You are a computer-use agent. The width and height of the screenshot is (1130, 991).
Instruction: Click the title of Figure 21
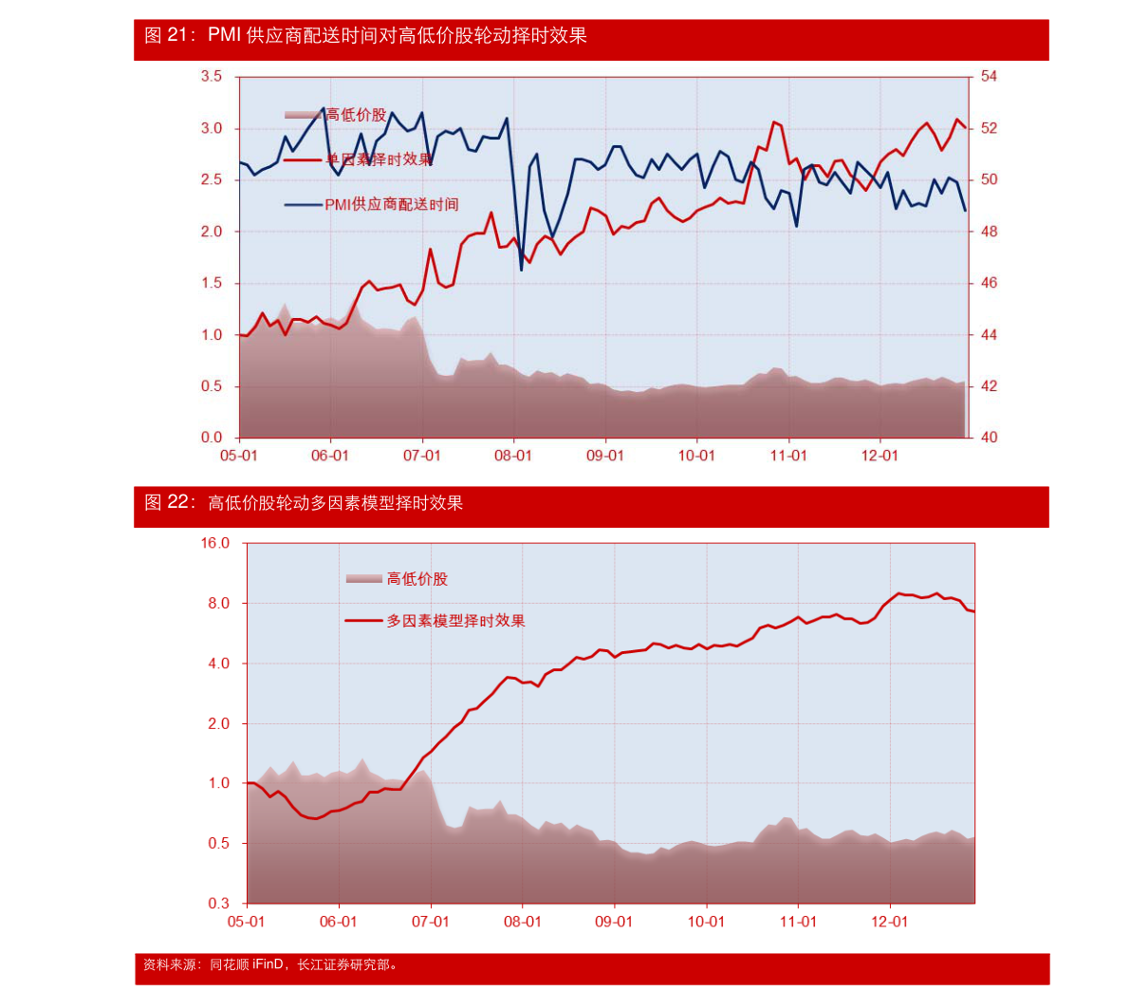click(x=365, y=36)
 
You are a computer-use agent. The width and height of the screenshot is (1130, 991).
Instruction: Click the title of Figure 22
click(x=304, y=503)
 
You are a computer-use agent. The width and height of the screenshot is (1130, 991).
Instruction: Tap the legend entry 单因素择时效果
click(x=379, y=159)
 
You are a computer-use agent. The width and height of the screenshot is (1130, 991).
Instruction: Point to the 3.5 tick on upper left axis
click(x=212, y=76)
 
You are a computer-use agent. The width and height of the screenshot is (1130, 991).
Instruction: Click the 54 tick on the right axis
click(x=989, y=76)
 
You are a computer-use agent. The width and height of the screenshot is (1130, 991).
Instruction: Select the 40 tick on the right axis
click(x=989, y=438)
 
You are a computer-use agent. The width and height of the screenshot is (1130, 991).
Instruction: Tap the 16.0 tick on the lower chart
click(x=214, y=543)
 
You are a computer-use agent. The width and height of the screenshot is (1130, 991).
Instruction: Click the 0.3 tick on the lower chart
click(x=219, y=904)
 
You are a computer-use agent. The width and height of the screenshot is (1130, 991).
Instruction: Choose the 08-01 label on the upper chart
click(x=513, y=456)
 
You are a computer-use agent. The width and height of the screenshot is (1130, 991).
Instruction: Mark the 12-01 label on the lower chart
click(x=889, y=922)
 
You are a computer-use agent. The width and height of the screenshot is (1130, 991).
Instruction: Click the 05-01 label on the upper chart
click(x=239, y=456)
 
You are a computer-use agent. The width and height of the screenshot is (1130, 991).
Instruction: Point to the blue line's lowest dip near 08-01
click(x=521, y=271)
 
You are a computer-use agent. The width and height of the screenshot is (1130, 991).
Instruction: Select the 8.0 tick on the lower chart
click(x=219, y=604)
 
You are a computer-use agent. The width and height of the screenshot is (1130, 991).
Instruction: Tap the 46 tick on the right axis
click(x=989, y=283)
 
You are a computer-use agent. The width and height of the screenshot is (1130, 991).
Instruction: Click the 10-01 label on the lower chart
click(x=706, y=922)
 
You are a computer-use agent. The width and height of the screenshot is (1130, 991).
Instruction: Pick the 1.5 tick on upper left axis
click(x=212, y=283)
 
